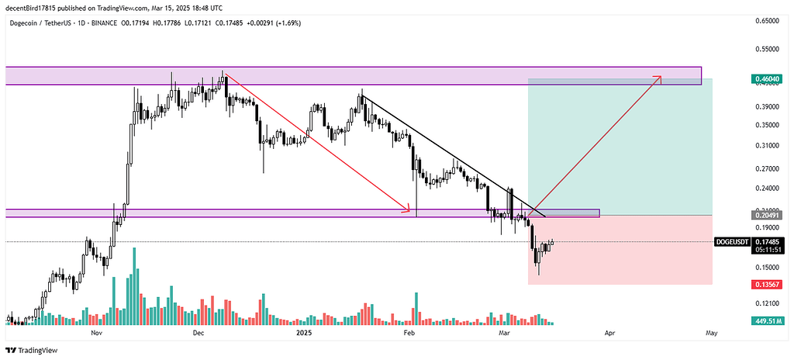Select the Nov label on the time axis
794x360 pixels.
pos(96,333)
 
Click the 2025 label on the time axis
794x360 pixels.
pos(303,333)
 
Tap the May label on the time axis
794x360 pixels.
pos(711,333)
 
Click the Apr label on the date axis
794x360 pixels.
pos(609,333)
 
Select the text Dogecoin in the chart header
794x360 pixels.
pos(25,22)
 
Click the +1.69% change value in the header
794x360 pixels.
pos(285,22)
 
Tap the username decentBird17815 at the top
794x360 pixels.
pos(36,6)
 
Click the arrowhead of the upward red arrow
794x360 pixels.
pos(660,77)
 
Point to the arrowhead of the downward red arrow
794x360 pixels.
pos(407,208)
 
